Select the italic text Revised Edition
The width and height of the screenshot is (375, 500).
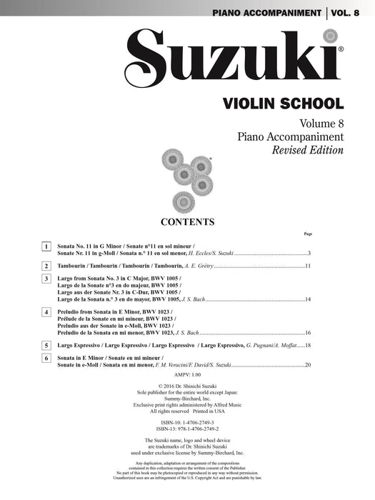(307, 151)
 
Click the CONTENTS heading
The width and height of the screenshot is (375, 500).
(188, 221)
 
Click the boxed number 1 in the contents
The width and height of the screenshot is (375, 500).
(46, 246)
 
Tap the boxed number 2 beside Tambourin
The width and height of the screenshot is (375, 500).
(46, 266)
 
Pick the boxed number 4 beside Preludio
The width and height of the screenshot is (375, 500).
(46, 312)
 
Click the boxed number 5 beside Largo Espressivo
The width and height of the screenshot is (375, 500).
(46, 344)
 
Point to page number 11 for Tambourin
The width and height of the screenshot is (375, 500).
(307, 266)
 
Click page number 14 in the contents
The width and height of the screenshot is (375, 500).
(307, 299)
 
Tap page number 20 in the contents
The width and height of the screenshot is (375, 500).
(307, 365)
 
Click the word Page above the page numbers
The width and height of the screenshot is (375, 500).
(308, 234)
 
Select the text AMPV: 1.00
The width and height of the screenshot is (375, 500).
(187, 374)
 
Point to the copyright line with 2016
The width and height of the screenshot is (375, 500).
(187, 386)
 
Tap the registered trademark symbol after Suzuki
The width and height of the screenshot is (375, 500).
(341, 49)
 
